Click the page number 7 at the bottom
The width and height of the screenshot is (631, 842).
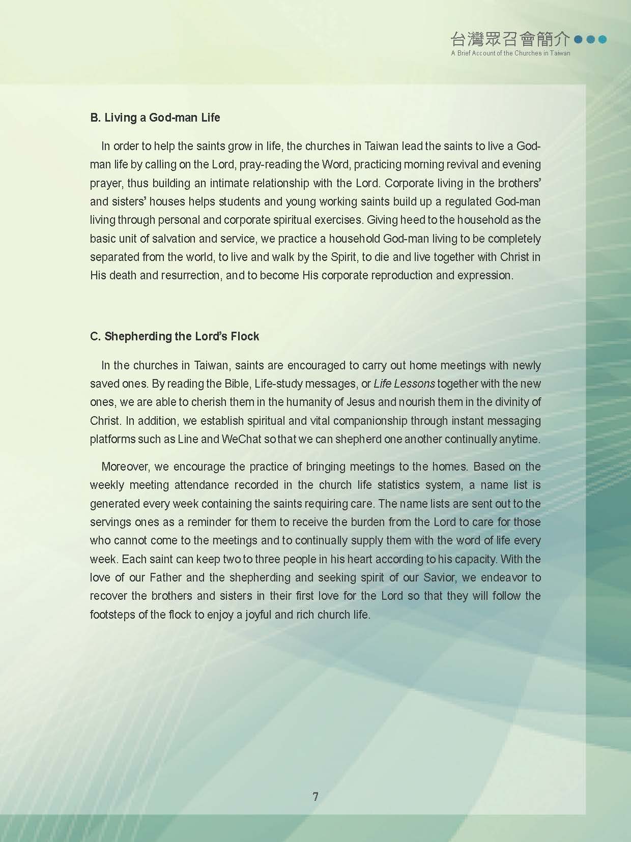pos(315,796)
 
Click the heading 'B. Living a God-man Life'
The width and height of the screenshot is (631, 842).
pos(155,118)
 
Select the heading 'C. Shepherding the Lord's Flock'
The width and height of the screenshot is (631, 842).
pos(175,336)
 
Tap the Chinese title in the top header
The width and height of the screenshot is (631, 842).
pos(510,39)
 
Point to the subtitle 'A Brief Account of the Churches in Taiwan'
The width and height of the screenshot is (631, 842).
pos(510,53)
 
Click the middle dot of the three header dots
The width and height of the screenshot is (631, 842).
pos(590,39)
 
